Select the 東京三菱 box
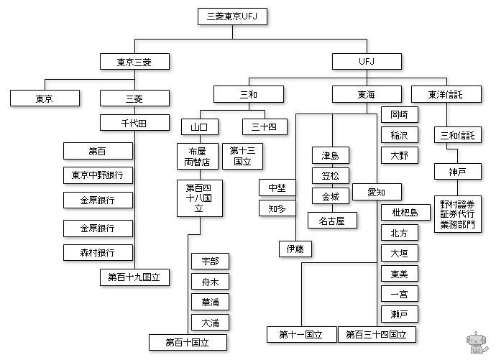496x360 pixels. tap(134, 61)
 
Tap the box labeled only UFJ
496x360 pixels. tap(367, 61)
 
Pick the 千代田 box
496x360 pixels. tap(134, 123)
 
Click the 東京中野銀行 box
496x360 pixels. tap(98, 175)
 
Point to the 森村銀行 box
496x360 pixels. tap(98, 252)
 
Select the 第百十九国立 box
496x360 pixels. tap(134, 276)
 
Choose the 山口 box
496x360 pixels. tap(199, 127)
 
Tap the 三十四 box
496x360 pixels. tap(254, 127)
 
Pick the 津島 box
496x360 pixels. tap(330, 155)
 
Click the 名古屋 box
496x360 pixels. tap(332, 221)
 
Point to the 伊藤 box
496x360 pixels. tap(295, 249)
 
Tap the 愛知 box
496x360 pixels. tap(377, 192)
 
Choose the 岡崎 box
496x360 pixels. tap(398, 115)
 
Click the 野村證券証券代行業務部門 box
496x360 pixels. tap(458, 214)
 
